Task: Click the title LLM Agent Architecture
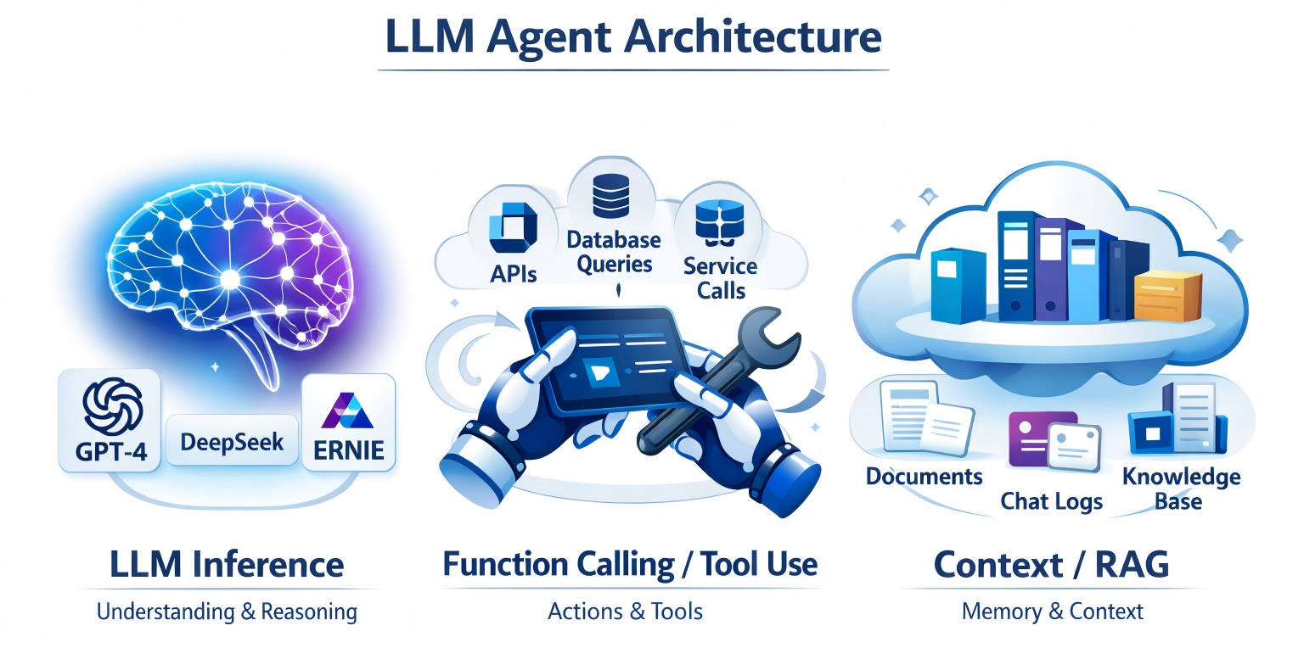(x=632, y=36)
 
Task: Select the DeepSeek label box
(x=232, y=440)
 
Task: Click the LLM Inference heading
(x=227, y=565)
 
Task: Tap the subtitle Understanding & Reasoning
(x=227, y=612)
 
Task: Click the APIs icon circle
(x=509, y=230)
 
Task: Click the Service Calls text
(x=720, y=278)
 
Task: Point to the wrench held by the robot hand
(x=722, y=382)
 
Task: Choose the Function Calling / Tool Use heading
(x=630, y=565)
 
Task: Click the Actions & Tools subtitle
(x=626, y=612)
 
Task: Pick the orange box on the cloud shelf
(x=1168, y=295)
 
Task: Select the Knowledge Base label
(x=1180, y=488)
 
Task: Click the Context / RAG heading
(x=1051, y=565)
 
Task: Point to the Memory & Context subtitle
(x=1052, y=612)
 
